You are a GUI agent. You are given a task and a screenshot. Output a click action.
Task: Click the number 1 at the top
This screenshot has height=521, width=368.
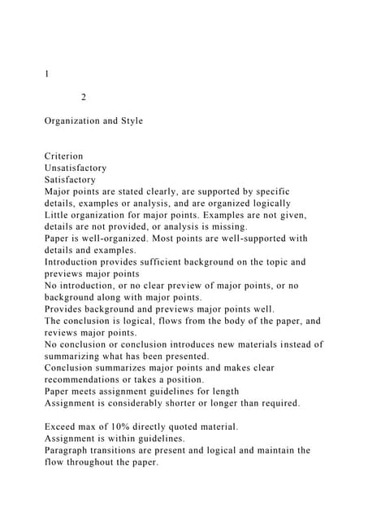pyautogui.click(x=47, y=74)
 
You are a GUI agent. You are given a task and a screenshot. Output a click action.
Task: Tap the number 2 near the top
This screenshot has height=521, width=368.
pyautogui.click(x=84, y=98)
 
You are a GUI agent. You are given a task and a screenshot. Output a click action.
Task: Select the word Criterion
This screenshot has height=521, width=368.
pyautogui.click(x=64, y=155)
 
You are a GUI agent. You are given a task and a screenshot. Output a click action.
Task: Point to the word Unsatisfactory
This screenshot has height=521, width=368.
pyautogui.click(x=76, y=168)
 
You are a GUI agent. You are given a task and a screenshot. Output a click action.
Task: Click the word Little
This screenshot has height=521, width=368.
pyautogui.click(x=58, y=215)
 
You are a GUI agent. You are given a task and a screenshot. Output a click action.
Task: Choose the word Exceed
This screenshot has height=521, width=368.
pyautogui.click(x=61, y=427)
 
